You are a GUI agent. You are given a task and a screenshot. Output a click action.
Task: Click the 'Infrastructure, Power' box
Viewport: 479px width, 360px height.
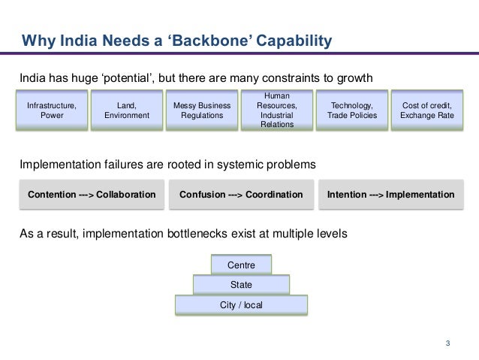point(52,111)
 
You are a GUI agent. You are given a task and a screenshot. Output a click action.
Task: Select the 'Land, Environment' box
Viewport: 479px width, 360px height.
point(127,111)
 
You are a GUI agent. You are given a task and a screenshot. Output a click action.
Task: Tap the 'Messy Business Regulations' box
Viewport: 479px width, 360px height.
point(202,111)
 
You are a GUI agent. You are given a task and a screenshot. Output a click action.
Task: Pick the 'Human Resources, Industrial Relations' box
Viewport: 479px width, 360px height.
point(277,110)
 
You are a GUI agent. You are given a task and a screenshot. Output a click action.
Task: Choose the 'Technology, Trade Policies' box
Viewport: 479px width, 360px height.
point(352,111)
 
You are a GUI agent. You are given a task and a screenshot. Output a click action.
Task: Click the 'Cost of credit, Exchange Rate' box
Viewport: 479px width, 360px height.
point(427,111)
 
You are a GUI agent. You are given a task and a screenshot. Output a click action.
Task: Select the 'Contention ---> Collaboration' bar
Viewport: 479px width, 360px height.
point(92,195)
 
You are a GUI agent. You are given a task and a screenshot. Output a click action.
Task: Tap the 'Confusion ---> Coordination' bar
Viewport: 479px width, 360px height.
point(241,195)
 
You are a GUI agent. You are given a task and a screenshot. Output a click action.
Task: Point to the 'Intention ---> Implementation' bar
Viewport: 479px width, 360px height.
point(390,195)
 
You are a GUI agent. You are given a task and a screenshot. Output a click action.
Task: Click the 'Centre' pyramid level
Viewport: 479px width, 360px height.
point(241,265)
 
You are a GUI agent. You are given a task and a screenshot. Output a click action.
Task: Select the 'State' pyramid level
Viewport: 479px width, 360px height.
point(241,285)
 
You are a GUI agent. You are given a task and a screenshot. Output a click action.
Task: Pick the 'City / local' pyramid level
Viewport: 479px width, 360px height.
point(241,305)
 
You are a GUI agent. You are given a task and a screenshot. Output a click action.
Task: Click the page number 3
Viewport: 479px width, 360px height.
point(447,344)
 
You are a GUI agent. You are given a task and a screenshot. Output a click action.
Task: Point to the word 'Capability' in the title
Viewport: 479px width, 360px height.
point(294,41)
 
